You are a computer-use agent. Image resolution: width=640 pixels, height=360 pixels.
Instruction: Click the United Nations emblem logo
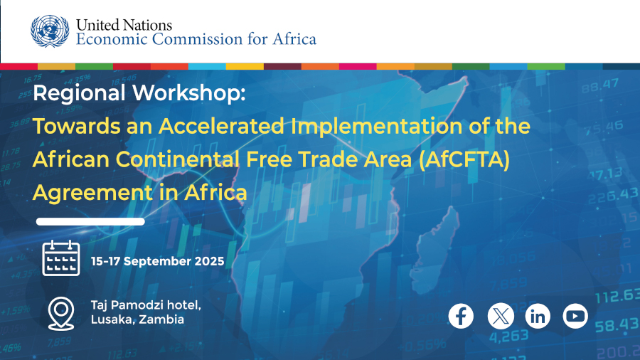50,31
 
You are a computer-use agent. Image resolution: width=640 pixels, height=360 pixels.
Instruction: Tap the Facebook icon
461,316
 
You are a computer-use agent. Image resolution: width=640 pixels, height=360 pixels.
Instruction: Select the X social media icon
501,316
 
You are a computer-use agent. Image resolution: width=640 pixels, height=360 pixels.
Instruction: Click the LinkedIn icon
538,316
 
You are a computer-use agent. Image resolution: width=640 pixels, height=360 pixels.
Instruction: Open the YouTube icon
575,316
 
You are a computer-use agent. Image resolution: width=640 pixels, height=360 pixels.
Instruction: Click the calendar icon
61,258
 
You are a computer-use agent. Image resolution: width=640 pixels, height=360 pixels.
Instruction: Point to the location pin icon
61,314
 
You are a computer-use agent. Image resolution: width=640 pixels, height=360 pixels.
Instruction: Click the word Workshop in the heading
189,93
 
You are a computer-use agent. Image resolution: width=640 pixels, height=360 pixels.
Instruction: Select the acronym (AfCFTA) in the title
464,159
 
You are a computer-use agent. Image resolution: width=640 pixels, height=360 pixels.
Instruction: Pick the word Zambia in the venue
161,319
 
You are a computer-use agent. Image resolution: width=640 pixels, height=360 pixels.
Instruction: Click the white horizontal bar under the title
90,222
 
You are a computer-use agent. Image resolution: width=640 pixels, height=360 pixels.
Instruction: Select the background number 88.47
599,85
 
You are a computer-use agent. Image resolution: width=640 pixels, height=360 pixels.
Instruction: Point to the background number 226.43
613,196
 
